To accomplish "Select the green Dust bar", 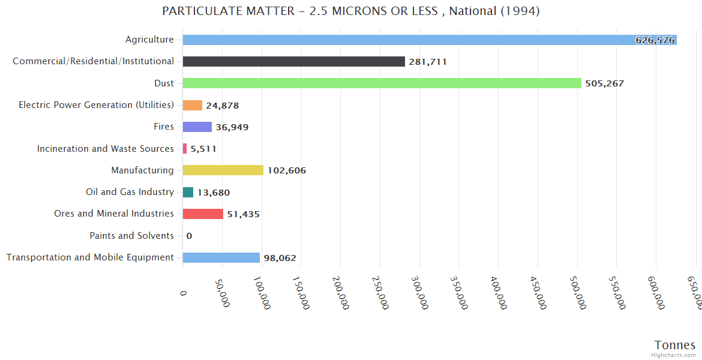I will [382, 83].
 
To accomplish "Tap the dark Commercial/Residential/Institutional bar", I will [293, 61].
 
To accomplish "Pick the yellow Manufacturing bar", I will [223, 170].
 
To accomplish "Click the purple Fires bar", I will [197, 127].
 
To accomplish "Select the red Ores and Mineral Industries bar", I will [203, 214].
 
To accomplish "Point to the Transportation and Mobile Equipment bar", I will [221, 257].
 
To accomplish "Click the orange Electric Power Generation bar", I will [192, 105].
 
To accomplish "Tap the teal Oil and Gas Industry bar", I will [188, 192].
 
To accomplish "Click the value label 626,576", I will [655, 40].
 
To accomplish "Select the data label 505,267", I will [604, 83].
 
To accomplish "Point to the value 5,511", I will [203, 149].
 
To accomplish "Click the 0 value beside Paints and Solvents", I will [189, 236].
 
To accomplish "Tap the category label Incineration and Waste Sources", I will [106, 148].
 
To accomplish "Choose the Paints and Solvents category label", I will [131, 236].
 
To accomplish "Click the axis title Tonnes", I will [674, 345].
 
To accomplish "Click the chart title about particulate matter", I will [351, 11].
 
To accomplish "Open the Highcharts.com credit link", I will [674, 355].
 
